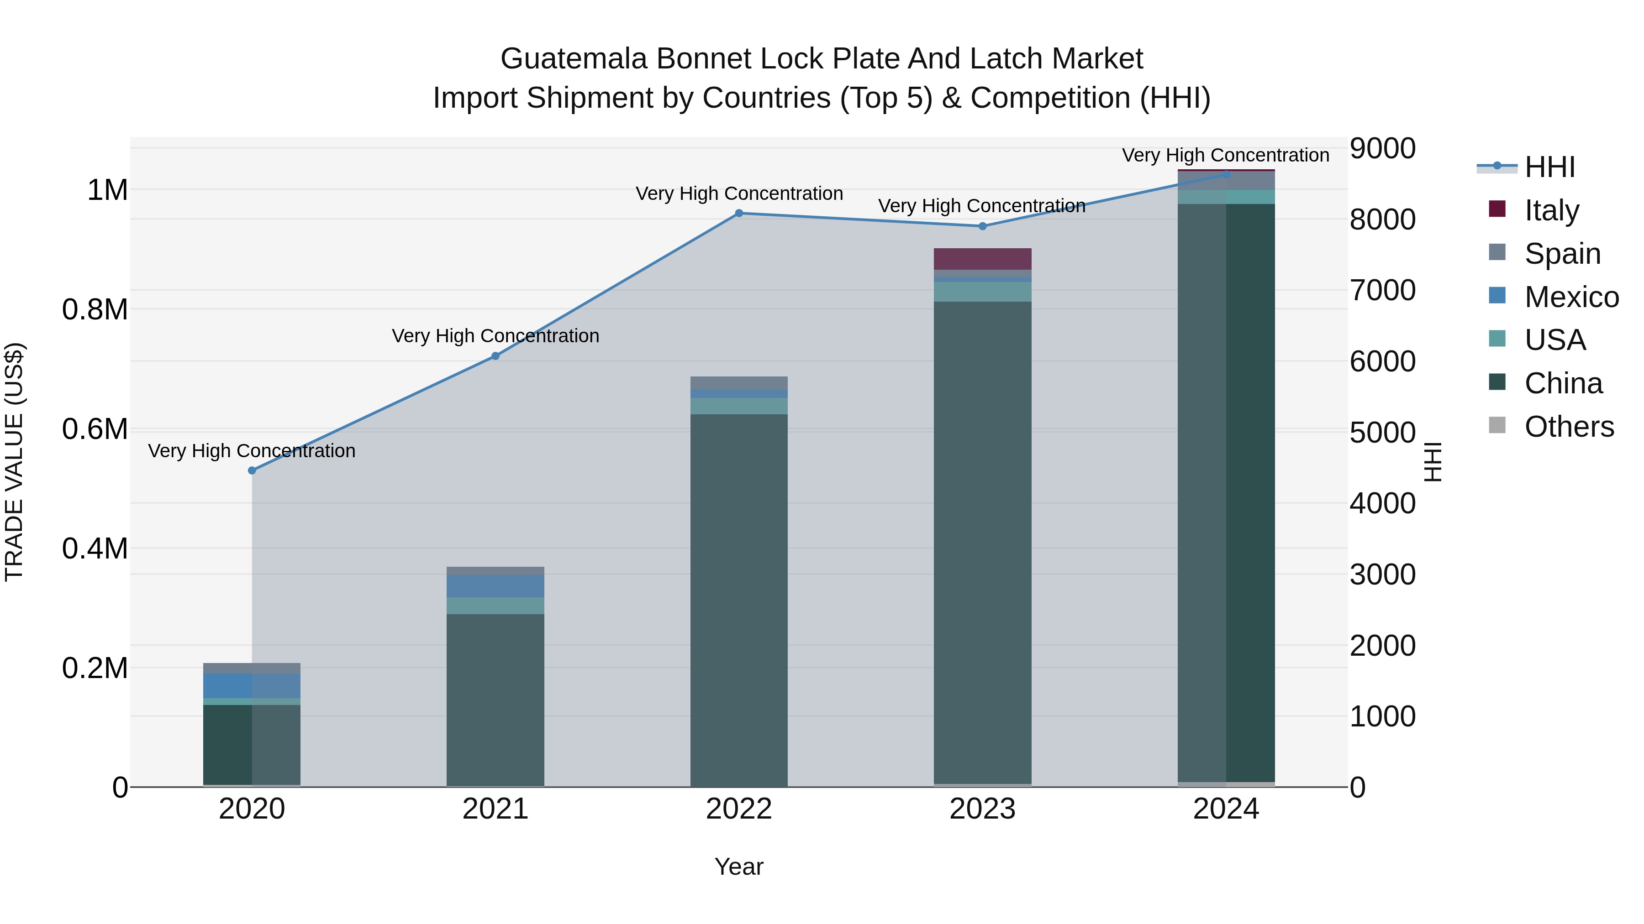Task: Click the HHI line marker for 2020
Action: click(252, 470)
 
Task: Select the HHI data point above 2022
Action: click(739, 213)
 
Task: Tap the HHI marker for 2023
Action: click(983, 226)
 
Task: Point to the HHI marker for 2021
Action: click(495, 356)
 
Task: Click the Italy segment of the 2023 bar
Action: click(983, 259)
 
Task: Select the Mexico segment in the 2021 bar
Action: click(495, 587)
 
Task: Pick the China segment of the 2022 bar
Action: click(739, 600)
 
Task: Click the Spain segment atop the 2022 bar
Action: click(739, 383)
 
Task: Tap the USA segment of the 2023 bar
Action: click(983, 292)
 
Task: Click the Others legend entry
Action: click(1568, 427)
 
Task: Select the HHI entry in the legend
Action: click(1549, 167)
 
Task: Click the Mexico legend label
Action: click(1571, 297)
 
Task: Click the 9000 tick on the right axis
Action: click(1382, 149)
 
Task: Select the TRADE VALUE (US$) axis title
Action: click(14, 462)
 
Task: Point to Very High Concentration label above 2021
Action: click(495, 336)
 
